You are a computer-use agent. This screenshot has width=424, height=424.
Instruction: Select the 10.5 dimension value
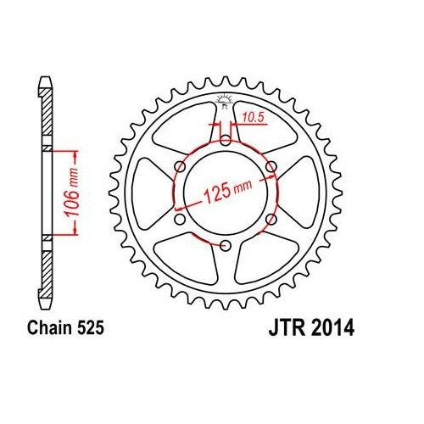click(x=248, y=118)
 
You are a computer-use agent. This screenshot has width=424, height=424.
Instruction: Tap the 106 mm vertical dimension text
click(x=79, y=192)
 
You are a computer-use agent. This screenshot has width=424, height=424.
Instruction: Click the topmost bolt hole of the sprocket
click(x=225, y=140)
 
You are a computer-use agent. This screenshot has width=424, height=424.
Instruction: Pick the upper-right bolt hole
click(x=271, y=166)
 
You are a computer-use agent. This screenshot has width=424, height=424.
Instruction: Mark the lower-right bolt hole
click(x=271, y=220)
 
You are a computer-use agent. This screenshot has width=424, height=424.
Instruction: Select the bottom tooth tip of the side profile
click(x=45, y=301)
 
